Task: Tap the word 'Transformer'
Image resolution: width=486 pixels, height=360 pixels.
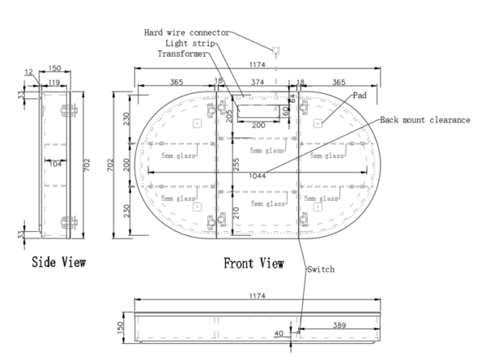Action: (x=182, y=54)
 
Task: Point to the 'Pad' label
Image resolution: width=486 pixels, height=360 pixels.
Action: (x=359, y=95)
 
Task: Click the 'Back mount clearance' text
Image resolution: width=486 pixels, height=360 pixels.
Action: (x=426, y=119)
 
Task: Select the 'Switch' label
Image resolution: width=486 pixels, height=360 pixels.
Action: (x=320, y=268)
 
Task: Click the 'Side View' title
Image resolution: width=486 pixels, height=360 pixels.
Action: (x=58, y=263)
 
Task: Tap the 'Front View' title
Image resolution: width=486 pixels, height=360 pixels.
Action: (x=254, y=264)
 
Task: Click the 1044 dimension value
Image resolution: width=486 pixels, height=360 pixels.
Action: (x=258, y=174)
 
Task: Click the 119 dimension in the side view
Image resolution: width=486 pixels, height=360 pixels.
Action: (x=55, y=82)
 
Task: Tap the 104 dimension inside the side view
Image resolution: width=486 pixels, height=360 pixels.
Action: (x=55, y=163)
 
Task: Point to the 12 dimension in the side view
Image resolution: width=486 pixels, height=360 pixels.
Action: (x=30, y=72)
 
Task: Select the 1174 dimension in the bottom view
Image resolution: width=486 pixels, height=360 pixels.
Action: (x=258, y=297)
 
